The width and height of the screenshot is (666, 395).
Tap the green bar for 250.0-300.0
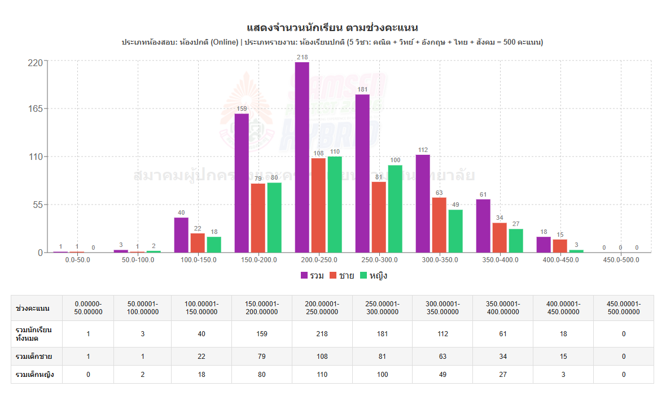pyautogui.click(x=395, y=209)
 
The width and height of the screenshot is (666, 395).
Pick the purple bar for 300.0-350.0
pyautogui.click(x=423, y=203)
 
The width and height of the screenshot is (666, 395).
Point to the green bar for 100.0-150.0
pyautogui.click(x=214, y=244)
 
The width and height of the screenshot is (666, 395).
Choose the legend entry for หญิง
pyautogui.click(x=373, y=276)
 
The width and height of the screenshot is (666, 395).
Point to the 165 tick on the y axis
pyautogui.click(x=35, y=109)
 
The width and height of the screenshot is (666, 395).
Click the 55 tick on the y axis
pyautogui.click(x=37, y=205)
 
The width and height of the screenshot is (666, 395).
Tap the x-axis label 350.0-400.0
pyautogui.click(x=499, y=260)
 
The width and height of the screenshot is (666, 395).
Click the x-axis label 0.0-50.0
pyautogui.click(x=77, y=260)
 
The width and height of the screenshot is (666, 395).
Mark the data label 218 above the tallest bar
pyautogui.click(x=302, y=57)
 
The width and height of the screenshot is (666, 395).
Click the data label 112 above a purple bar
pyautogui.click(x=423, y=150)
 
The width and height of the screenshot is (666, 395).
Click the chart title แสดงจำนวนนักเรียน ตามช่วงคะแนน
pyautogui.click(x=332, y=28)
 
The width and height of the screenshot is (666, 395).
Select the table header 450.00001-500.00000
pyautogui.click(x=623, y=308)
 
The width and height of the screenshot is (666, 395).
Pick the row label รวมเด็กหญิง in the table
pyautogui.click(x=35, y=374)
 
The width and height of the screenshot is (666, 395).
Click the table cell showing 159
pyautogui.click(x=261, y=334)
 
